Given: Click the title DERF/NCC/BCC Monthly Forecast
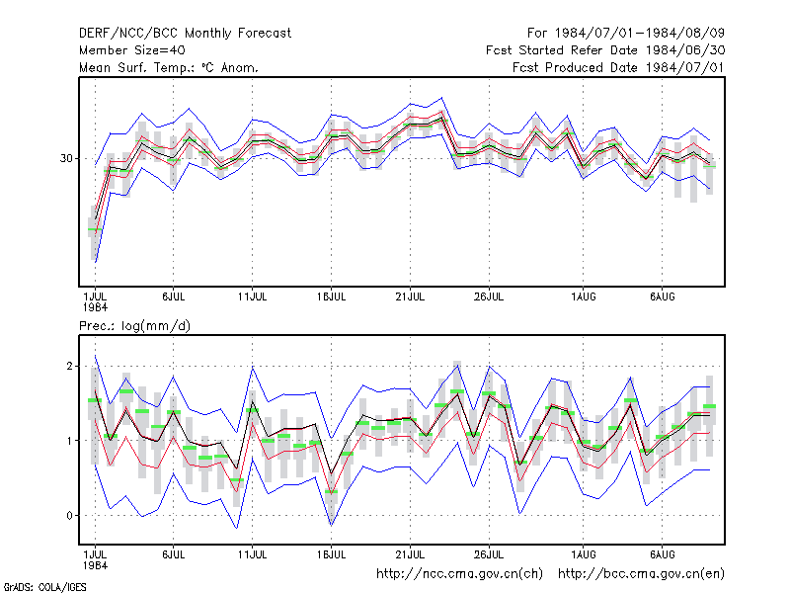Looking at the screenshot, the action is (185, 34).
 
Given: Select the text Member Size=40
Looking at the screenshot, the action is (132, 50).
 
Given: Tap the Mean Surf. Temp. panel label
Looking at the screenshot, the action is (169, 67).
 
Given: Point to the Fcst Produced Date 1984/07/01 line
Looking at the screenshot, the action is (619, 67).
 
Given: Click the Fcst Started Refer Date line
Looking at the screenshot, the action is (605, 50).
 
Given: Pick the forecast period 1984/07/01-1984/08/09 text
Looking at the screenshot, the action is (626, 34).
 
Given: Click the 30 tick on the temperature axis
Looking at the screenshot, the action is (66, 158).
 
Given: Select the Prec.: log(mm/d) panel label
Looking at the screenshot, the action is (134, 326).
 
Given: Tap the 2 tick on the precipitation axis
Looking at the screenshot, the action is (69, 366).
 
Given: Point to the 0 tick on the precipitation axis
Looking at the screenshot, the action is (69, 515).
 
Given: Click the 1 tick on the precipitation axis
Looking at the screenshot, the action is (69, 441).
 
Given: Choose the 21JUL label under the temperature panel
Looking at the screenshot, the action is (410, 296).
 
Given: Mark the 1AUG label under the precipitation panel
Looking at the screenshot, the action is (584, 554).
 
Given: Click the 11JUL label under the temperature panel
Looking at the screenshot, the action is (253, 296).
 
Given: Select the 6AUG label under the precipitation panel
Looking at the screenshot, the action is (662, 554).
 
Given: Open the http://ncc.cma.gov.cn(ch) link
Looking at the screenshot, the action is (459, 574).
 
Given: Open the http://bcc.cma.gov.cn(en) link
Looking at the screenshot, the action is (641, 574).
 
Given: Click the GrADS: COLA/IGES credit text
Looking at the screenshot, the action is (44, 587).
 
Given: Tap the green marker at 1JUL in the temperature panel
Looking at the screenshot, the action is (95, 229).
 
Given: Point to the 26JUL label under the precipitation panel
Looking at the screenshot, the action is (489, 554).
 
